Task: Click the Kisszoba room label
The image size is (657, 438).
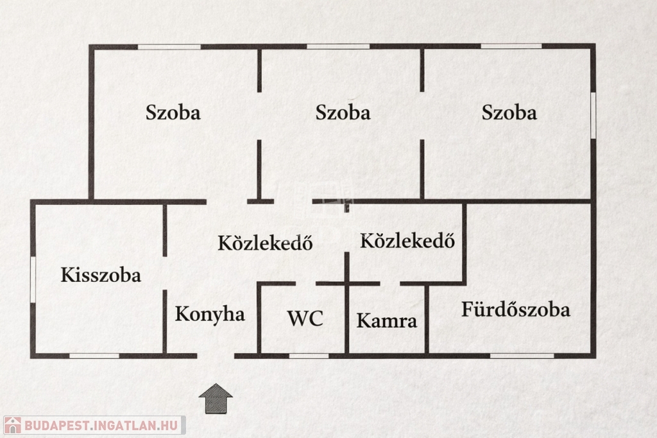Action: click(x=101, y=276)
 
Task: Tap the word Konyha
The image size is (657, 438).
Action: click(x=210, y=314)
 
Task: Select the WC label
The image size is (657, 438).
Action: click(x=305, y=319)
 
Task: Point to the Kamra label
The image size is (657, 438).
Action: click(x=387, y=321)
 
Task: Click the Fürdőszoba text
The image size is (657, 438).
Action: click(x=516, y=310)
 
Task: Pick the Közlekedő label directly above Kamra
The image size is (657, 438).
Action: click(x=407, y=241)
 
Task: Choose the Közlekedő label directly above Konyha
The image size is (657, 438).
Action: click(x=265, y=243)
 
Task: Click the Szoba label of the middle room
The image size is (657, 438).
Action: click(x=343, y=113)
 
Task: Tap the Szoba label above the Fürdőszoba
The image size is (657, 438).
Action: click(x=509, y=113)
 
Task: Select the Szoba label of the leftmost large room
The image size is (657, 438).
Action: click(x=173, y=113)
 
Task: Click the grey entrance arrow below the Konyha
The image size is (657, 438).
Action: click(x=216, y=399)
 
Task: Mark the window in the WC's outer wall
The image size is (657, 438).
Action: click(x=309, y=356)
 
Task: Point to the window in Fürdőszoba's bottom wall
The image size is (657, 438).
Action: click(x=522, y=356)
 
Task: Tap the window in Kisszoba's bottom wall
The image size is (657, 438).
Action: click(x=94, y=356)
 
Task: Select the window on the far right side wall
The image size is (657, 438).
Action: click(x=593, y=114)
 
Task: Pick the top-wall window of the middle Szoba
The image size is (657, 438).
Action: click(x=338, y=47)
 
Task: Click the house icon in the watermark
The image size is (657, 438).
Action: click(x=13, y=425)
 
